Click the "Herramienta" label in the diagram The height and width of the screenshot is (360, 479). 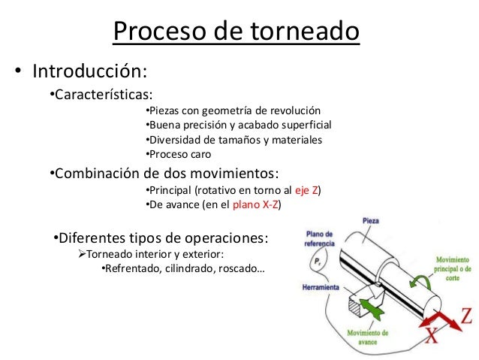[x=320, y=288]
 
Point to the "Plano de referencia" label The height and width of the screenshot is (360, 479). [x=318, y=238]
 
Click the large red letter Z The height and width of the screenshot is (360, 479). [x=465, y=315]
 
